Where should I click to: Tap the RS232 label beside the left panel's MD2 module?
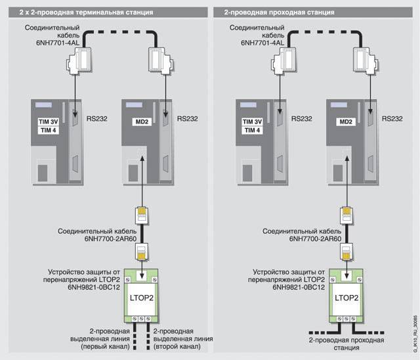click(188, 120)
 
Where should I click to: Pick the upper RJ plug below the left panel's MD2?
click(142, 215)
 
